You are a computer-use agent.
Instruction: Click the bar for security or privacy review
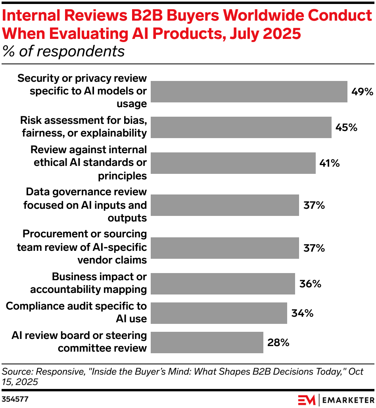click(x=249, y=92)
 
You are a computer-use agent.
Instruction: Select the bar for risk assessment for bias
click(x=241, y=127)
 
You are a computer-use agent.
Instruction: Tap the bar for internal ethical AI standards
click(x=233, y=163)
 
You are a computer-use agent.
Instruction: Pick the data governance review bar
click(x=225, y=205)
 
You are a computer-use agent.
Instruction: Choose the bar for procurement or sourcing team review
click(x=225, y=248)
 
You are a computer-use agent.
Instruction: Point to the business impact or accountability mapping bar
click(x=223, y=283)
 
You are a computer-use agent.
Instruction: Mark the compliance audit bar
click(x=219, y=313)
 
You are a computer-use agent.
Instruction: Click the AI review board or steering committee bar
click(x=207, y=342)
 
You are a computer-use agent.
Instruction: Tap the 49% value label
click(x=362, y=92)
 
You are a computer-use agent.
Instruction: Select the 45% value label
click(x=346, y=127)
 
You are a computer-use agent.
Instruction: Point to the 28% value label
click(x=278, y=342)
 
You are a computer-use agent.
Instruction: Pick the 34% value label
click(x=302, y=313)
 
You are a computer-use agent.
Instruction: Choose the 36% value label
click(x=310, y=284)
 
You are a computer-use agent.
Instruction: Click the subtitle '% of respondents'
click(x=63, y=52)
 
